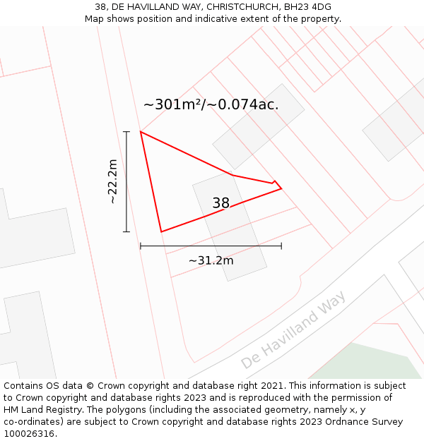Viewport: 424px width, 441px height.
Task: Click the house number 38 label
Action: pyautogui.click(x=220, y=203)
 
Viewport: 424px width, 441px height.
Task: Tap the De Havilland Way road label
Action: pyautogui.click(x=293, y=330)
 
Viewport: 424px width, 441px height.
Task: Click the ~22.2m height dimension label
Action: pyautogui.click(x=112, y=181)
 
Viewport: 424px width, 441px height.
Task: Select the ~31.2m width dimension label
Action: pyautogui.click(x=211, y=260)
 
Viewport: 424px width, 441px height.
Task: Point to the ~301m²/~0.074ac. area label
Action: pyautogui.click(x=211, y=104)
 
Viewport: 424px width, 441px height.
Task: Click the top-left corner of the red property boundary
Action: pyautogui.click(x=141, y=132)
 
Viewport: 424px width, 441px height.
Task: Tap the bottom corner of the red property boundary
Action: pyautogui.click(x=161, y=231)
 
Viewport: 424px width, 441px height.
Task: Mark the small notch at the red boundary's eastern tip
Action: pyautogui.click(x=275, y=182)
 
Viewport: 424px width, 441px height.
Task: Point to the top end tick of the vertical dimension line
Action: pyautogui.click(x=126, y=132)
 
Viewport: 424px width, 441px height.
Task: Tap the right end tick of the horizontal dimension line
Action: pyautogui.click(x=281, y=246)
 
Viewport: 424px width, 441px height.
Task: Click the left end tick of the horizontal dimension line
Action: pyautogui.click(x=141, y=246)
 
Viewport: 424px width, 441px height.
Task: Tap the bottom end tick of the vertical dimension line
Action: pyautogui.click(x=126, y=231)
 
